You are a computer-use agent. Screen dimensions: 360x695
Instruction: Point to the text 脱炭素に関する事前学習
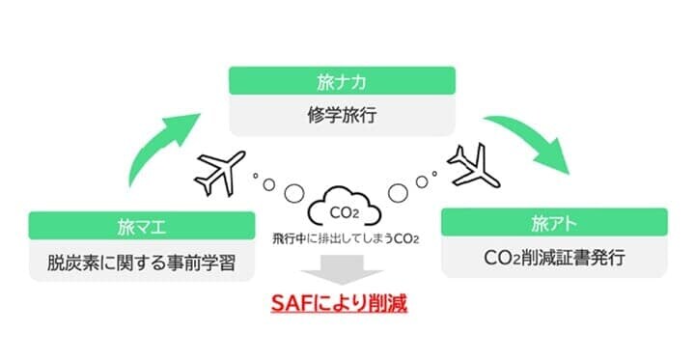[142, 261]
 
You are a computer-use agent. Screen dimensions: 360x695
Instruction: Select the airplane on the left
[222, 172]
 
